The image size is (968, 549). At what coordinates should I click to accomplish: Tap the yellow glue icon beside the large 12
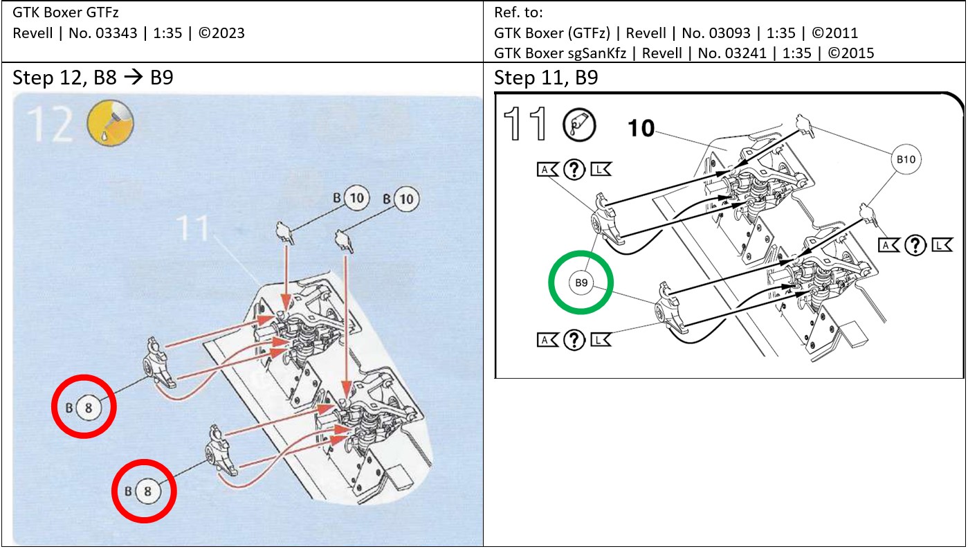click(110, 124)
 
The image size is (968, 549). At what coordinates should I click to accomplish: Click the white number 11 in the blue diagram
click(193, 228)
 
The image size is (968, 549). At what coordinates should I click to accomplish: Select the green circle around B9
click(581, 282)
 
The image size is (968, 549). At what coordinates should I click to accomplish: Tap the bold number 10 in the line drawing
click(641, 128)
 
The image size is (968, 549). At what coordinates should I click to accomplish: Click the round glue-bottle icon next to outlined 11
click(578, 125)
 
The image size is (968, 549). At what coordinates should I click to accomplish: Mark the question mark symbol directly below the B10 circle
click(915, 244)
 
